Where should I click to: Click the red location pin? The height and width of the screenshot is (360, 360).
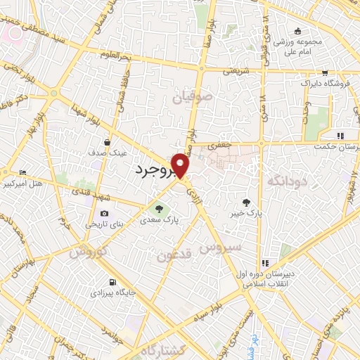(181, 165)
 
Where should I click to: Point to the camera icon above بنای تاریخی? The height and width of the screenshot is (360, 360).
(104, 214)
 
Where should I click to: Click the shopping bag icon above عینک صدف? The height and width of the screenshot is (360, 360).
(108, 141)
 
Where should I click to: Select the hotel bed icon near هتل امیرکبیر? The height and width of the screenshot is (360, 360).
(23, 172)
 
